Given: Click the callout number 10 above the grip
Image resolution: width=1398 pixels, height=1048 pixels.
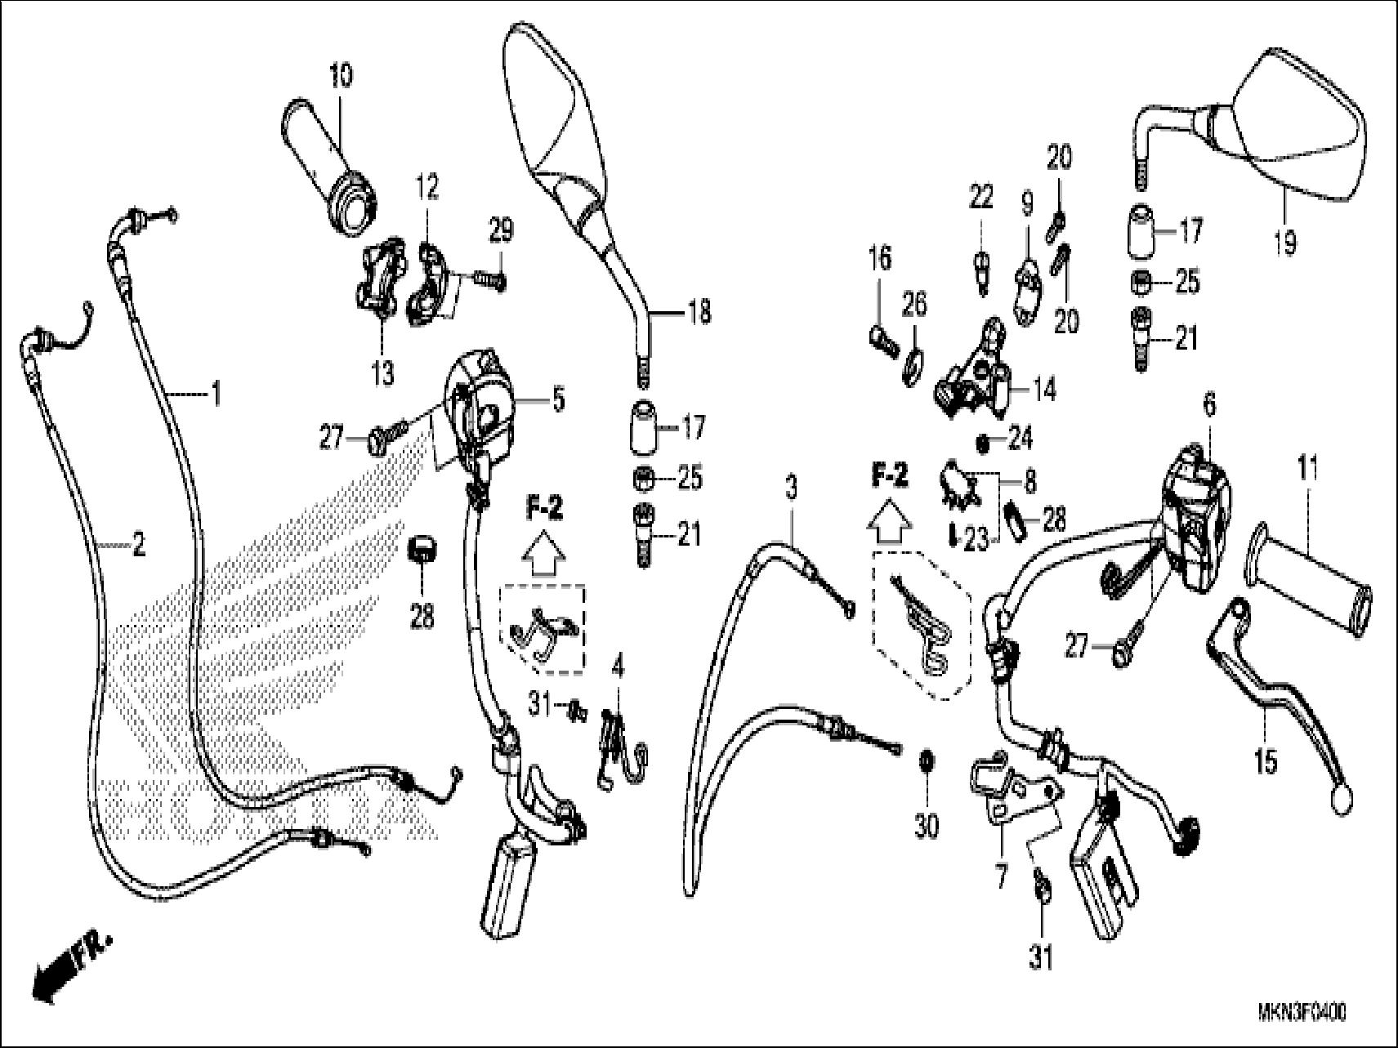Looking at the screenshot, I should click(342, 76).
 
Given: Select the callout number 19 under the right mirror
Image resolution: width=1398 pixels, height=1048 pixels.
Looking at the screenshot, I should click(1285, 242).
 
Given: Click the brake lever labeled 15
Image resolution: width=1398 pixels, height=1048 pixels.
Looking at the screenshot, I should click(1275, 702).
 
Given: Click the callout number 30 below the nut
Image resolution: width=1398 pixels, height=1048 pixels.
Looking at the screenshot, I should click(926, 827).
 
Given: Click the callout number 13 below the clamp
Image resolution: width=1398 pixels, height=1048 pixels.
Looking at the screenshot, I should click(382, 373).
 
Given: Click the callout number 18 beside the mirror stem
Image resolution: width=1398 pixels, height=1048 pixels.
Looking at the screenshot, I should click(699, 312).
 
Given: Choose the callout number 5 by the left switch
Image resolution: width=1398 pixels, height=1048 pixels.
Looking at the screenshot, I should click(558, 401).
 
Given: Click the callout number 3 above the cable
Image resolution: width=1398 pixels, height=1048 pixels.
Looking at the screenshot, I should click(790, 489).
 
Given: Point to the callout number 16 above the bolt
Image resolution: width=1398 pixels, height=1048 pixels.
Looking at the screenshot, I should click(879, 260).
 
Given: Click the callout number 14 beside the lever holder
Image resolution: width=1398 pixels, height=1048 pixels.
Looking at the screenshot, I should click(1043, 389).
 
